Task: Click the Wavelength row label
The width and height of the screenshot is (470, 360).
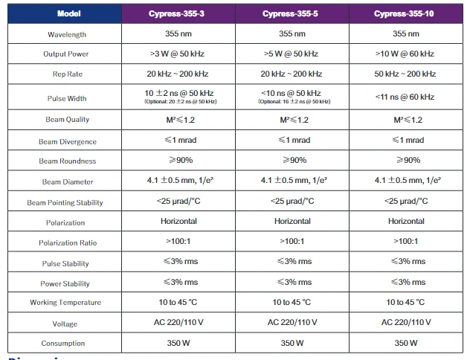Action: [67, 34]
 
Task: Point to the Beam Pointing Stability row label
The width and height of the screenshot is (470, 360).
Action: [65, 202]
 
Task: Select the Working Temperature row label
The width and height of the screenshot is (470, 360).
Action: [65, 302]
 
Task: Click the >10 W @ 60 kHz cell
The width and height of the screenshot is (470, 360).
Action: [405, 54]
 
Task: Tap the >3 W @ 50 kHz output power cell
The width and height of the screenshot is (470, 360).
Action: [177, 54]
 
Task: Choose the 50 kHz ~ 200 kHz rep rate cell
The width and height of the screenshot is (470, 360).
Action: [405, 74]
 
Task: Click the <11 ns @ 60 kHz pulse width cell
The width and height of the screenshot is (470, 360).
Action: [405, 97]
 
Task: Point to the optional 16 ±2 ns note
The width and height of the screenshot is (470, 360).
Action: [294, 102]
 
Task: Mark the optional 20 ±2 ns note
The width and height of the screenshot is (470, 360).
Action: [181, 102]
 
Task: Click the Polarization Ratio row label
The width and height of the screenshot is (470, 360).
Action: [68, 242]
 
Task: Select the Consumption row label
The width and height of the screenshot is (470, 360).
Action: [63, 343]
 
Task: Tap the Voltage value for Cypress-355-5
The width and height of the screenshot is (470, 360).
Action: [292, 322]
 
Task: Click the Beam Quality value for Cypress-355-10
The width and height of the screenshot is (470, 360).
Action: [408, 120]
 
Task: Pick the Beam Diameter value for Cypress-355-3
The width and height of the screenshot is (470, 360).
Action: [180, 180]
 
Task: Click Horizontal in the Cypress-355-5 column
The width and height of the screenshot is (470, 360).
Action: [292, 221]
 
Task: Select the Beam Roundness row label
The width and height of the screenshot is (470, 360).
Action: [68, 161]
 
